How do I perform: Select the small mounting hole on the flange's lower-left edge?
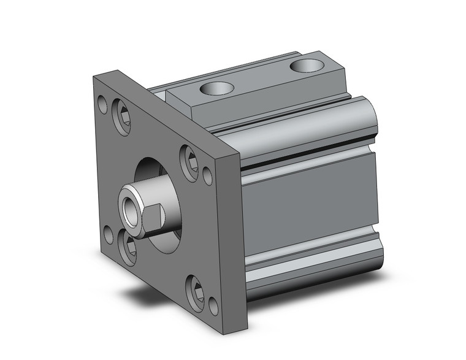tap(109, 234)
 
